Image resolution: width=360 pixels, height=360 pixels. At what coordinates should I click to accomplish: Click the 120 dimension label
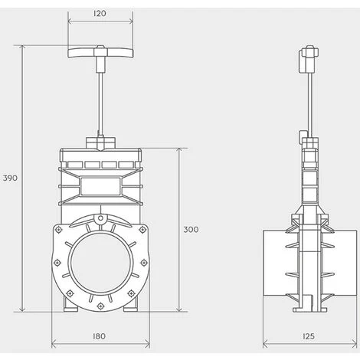point(100,13)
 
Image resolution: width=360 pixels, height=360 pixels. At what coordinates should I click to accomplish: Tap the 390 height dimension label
point(10,178)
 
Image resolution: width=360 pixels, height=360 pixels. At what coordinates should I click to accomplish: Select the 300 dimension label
point(191,230)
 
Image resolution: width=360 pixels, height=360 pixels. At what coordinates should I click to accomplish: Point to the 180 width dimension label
point(99,336)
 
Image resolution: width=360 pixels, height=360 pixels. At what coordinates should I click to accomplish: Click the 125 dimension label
point(309,336)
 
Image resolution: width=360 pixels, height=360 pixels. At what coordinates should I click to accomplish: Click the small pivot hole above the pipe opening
point(101,218)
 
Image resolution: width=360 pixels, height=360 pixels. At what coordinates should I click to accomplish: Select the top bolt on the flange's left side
point(59,230)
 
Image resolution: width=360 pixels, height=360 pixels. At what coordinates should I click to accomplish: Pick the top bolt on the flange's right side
point(142,230)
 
